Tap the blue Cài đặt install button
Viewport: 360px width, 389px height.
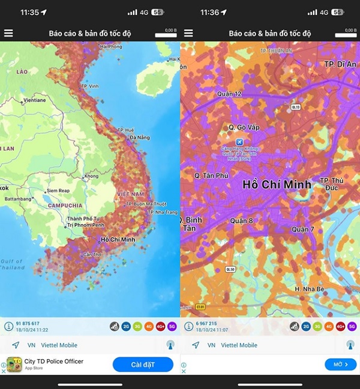143,364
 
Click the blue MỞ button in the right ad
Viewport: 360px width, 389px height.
341,364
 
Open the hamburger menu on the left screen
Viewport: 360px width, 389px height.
8,34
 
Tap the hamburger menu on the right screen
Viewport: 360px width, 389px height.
188,34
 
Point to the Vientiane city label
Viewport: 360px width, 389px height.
35,100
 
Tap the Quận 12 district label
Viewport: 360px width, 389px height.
229,94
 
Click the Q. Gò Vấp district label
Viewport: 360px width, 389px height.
243,127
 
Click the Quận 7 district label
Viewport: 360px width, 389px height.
303,230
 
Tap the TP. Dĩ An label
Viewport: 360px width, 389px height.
339,64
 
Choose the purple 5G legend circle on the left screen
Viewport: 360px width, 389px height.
172,327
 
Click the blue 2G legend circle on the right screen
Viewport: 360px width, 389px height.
306,327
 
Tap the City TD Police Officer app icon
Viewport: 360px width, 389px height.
14,364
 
